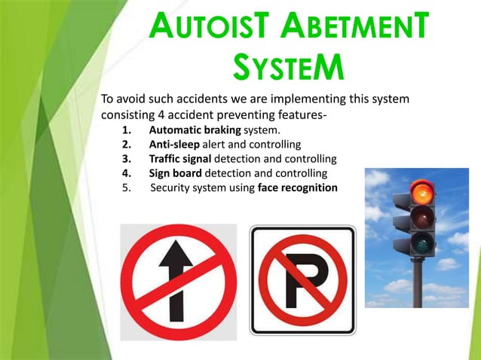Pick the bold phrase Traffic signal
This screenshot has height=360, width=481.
[x=181, y=159]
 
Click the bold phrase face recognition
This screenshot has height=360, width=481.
[x=298, y=188]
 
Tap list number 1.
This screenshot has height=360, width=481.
[x=125, y=130]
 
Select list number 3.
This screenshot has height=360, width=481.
[x=125, y=159]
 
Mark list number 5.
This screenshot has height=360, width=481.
[x=125, y=188]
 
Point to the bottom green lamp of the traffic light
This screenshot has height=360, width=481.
[x=424, y=243]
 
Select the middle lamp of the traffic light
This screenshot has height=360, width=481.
[x=424, y=218]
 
